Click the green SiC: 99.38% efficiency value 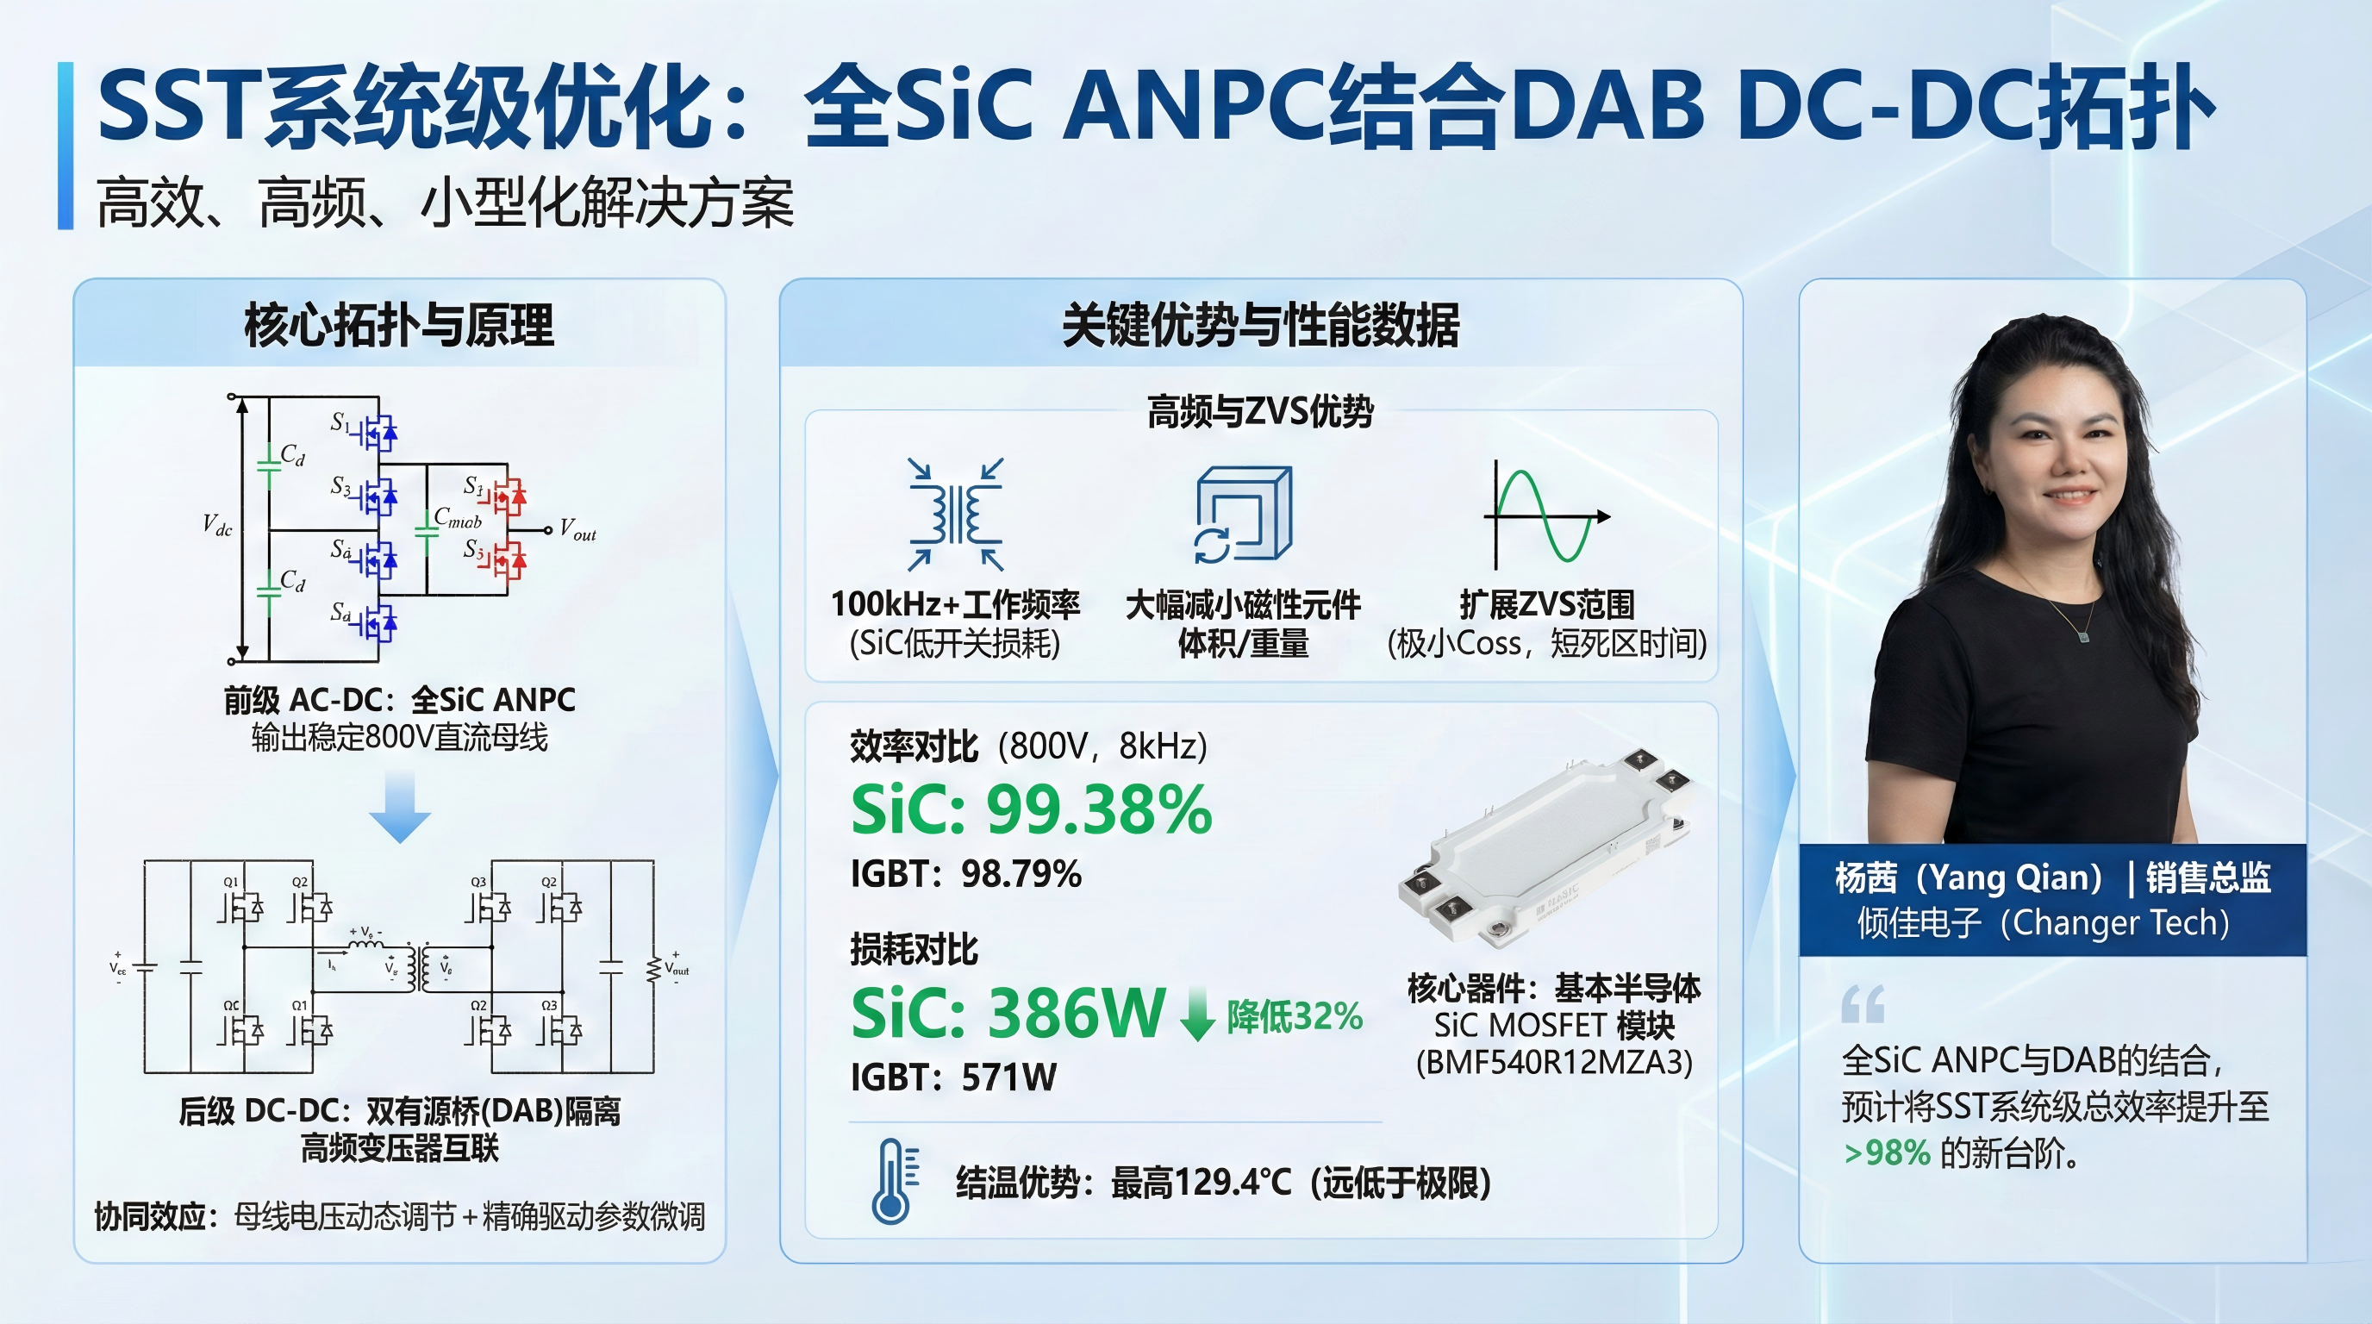(1032, 810)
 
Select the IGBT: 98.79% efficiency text (966, 874)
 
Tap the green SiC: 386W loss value (1008, 1013)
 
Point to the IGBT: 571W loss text (953, 1077)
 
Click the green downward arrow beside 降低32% (1197, 1014)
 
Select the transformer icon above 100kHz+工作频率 (955, 515)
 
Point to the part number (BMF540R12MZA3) (1553, 1063)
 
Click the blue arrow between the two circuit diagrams (400, 808)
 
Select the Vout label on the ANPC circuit (578, 530)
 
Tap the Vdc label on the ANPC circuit (217, 526)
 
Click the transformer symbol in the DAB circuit (421, 968)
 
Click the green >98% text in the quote (1887, 1152)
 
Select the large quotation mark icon (1862, 1004)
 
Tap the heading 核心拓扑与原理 (399, 325)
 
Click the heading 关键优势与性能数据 (1261, 325)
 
